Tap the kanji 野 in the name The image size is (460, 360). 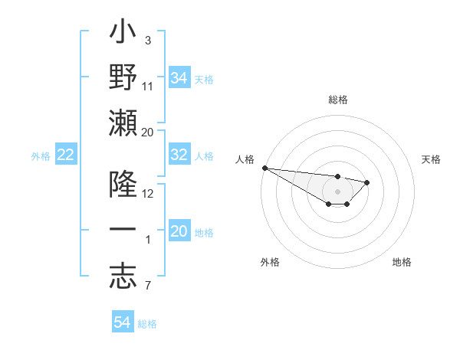click(x=123, y=78)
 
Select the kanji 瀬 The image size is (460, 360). click(x=123, y=122)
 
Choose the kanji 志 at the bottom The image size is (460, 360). click(x=123, y=275)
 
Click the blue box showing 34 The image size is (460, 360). click(x=179, y=78)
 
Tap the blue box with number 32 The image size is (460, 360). click(x=179, y=155)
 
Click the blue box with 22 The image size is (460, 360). click(x=65, y=155)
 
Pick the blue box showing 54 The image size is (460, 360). click(x=122, y=322)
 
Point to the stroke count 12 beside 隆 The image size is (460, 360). click(x=148, y=194)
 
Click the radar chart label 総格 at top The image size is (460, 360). click(x=337, y=100)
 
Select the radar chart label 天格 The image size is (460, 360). click(x=431, y=159)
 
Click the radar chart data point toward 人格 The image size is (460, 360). click(x=264, y=168)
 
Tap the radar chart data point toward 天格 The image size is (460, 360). click(x=367, y=182)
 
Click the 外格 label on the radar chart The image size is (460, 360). click(x=270, y=262)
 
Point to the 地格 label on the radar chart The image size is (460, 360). click(x=402, y=262)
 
